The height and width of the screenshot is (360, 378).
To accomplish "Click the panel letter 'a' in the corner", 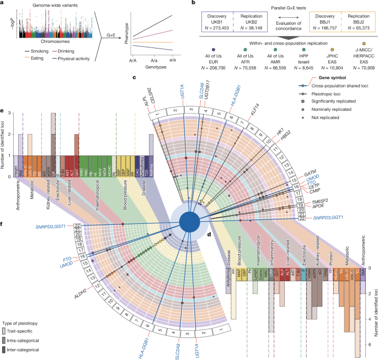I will point(3,3).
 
